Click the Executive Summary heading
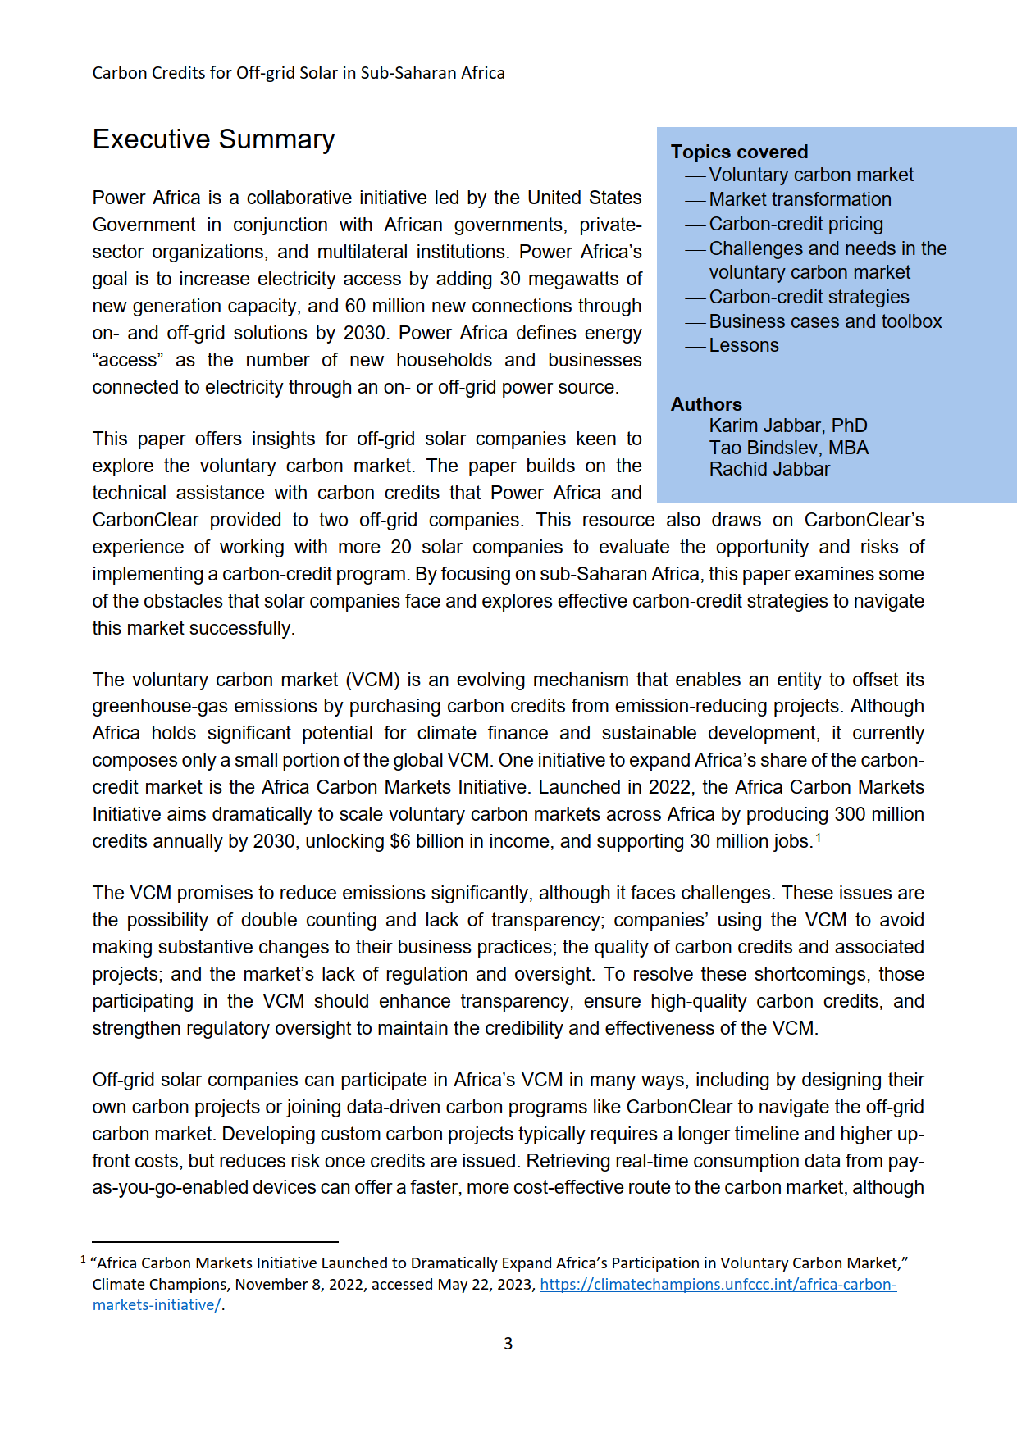pos(213,139)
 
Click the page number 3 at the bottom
pos(508,1344)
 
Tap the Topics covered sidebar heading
pos(739,152)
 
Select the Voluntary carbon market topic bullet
pos(810,175)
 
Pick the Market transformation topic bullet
pos(800,200)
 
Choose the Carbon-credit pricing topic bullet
pos(796,225)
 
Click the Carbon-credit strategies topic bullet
pos(809,298)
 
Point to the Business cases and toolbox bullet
pos(825,322)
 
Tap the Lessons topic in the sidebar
pos(744,346)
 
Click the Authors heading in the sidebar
pos(706,404)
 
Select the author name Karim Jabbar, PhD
pos(787,426)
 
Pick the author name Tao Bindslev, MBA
pos(788,448)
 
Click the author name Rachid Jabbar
pos(769,470)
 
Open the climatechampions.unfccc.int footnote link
pos(718,1285)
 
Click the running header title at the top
pos(299,73)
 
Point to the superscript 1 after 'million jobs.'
pos(818,837)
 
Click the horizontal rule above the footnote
pos(215,1242)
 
